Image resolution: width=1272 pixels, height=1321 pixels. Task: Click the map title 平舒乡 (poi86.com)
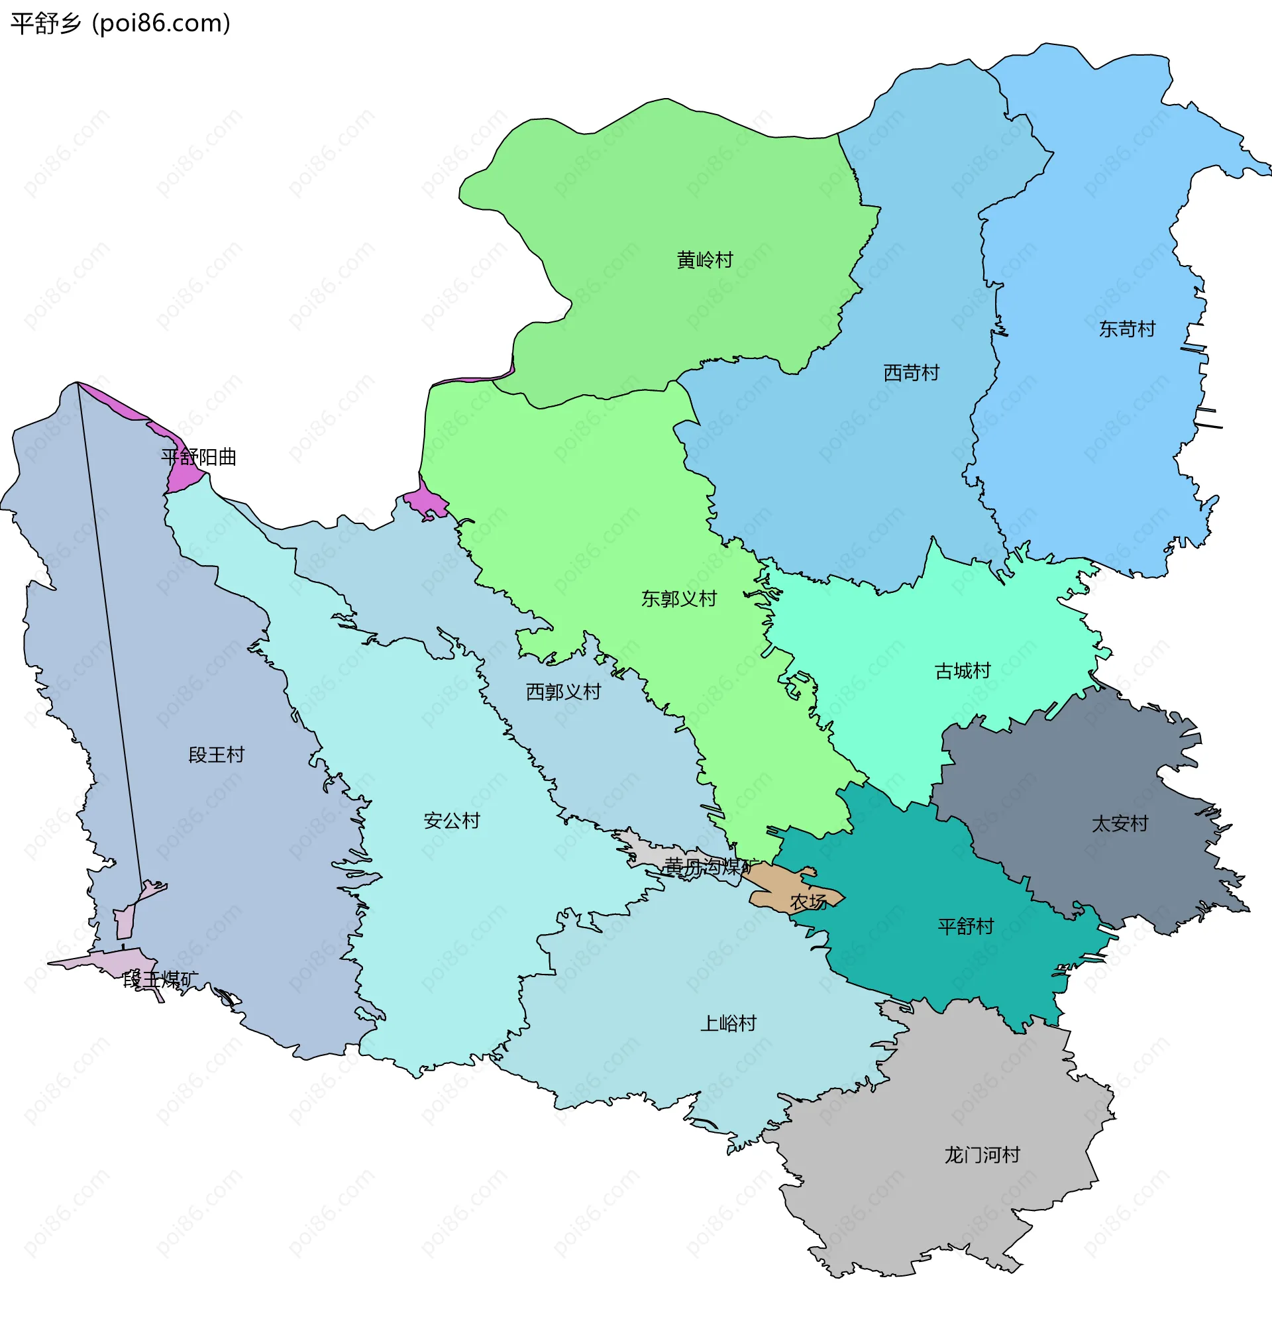(120, 24)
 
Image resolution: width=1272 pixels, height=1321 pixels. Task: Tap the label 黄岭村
(704, 260)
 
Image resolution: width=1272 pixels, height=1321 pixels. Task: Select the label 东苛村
(1127, 329)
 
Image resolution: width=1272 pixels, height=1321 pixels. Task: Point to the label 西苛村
(912, 373)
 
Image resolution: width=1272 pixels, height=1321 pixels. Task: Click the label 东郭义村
(679, 598)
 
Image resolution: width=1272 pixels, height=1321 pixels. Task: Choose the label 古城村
(963, 670)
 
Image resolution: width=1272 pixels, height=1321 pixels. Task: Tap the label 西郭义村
(563, 692)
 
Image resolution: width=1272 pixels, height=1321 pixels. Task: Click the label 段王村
(216, 755)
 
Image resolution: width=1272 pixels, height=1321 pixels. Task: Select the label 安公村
(452, 820)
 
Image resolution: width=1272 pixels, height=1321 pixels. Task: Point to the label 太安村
(1120, 823)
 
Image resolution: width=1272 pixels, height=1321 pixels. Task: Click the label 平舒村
(965, 926)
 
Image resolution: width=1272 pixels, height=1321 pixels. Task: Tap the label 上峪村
(728, 1023)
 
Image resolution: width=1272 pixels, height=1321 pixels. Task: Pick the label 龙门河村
(982, 1155)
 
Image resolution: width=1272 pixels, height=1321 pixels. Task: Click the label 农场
(808, 902)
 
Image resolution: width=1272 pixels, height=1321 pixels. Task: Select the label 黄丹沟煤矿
(708, 866)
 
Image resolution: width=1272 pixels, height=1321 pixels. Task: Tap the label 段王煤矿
(160, 979)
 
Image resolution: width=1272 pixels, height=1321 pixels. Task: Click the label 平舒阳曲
(199, 457)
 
